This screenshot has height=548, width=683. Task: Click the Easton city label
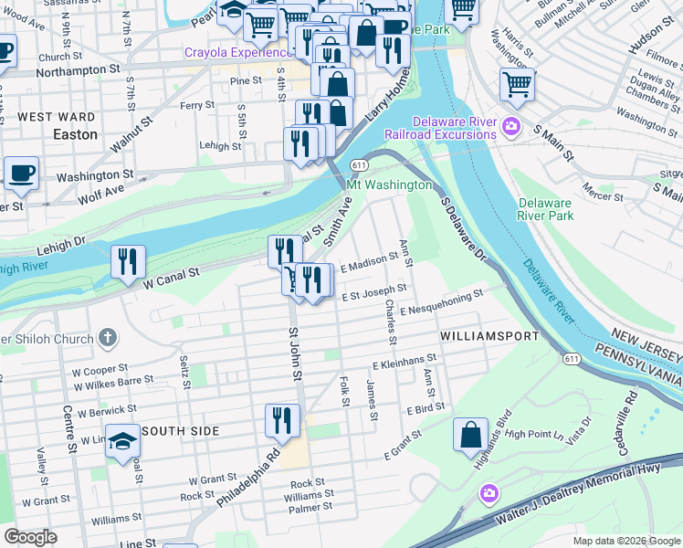[x=75, y=134]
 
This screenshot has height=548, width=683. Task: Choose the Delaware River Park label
[x=545, y=209]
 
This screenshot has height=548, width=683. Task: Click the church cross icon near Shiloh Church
[x=108, y=338]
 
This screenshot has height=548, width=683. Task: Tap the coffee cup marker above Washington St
[x=21, y=172]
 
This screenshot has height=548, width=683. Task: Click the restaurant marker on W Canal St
[x=129, y=261]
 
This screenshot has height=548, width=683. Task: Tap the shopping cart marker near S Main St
[x=517, y=85]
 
